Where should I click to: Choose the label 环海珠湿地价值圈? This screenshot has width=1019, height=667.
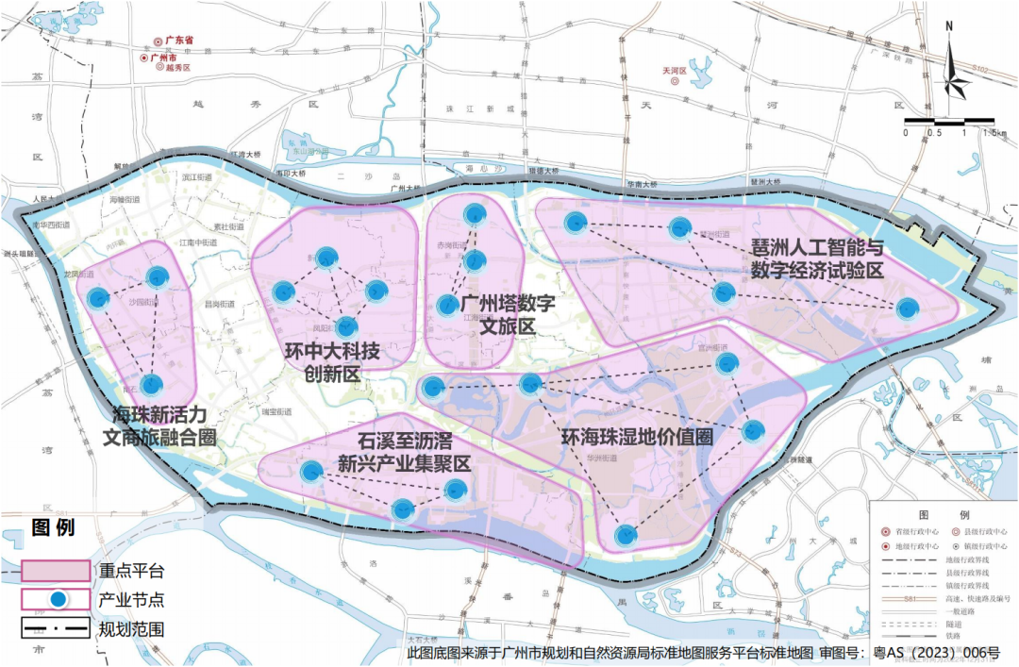[636, 438]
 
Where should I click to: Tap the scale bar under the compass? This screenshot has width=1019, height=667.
[949, 122]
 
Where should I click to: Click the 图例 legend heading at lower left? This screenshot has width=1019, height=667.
[54, 526]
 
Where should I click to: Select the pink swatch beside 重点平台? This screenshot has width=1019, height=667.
[56, 570]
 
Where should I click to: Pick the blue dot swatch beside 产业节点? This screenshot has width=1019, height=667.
[57, 599]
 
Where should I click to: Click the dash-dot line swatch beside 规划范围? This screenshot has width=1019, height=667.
[56, 627]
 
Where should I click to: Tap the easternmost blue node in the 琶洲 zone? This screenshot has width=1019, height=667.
[907, 307]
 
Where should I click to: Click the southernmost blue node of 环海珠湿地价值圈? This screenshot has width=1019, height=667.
[625, 535]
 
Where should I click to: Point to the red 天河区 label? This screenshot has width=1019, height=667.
[689, 71]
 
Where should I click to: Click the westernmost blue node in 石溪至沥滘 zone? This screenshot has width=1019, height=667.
[310, 471]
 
